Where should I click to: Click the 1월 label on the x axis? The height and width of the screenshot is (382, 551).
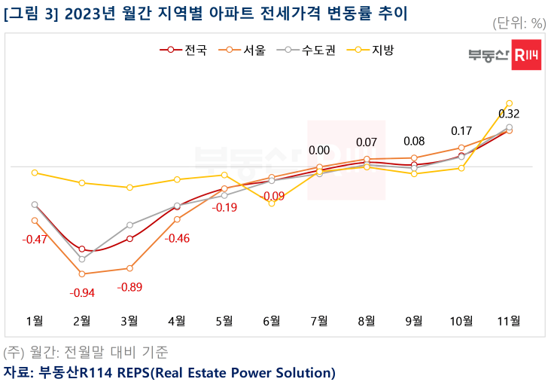tap(35, 320)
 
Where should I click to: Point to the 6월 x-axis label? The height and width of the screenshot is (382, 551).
tap(272, 320)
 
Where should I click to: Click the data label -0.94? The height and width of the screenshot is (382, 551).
tap(82, 292)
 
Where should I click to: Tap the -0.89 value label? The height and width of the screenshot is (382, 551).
tap(129, 287)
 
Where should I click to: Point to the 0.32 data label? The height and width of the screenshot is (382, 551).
tap(509, 115)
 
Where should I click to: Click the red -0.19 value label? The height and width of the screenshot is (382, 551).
tap(224, 207)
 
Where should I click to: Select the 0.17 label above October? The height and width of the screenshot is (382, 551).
tap(461, 131)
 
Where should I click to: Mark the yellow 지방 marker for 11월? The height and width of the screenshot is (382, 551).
tap(510, 103)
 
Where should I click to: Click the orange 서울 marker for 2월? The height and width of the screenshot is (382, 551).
tap(82, 274)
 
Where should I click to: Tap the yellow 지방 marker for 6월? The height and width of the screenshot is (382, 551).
tap(272, 203)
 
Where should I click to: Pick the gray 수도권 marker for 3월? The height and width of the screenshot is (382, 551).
tap(129, 225)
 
